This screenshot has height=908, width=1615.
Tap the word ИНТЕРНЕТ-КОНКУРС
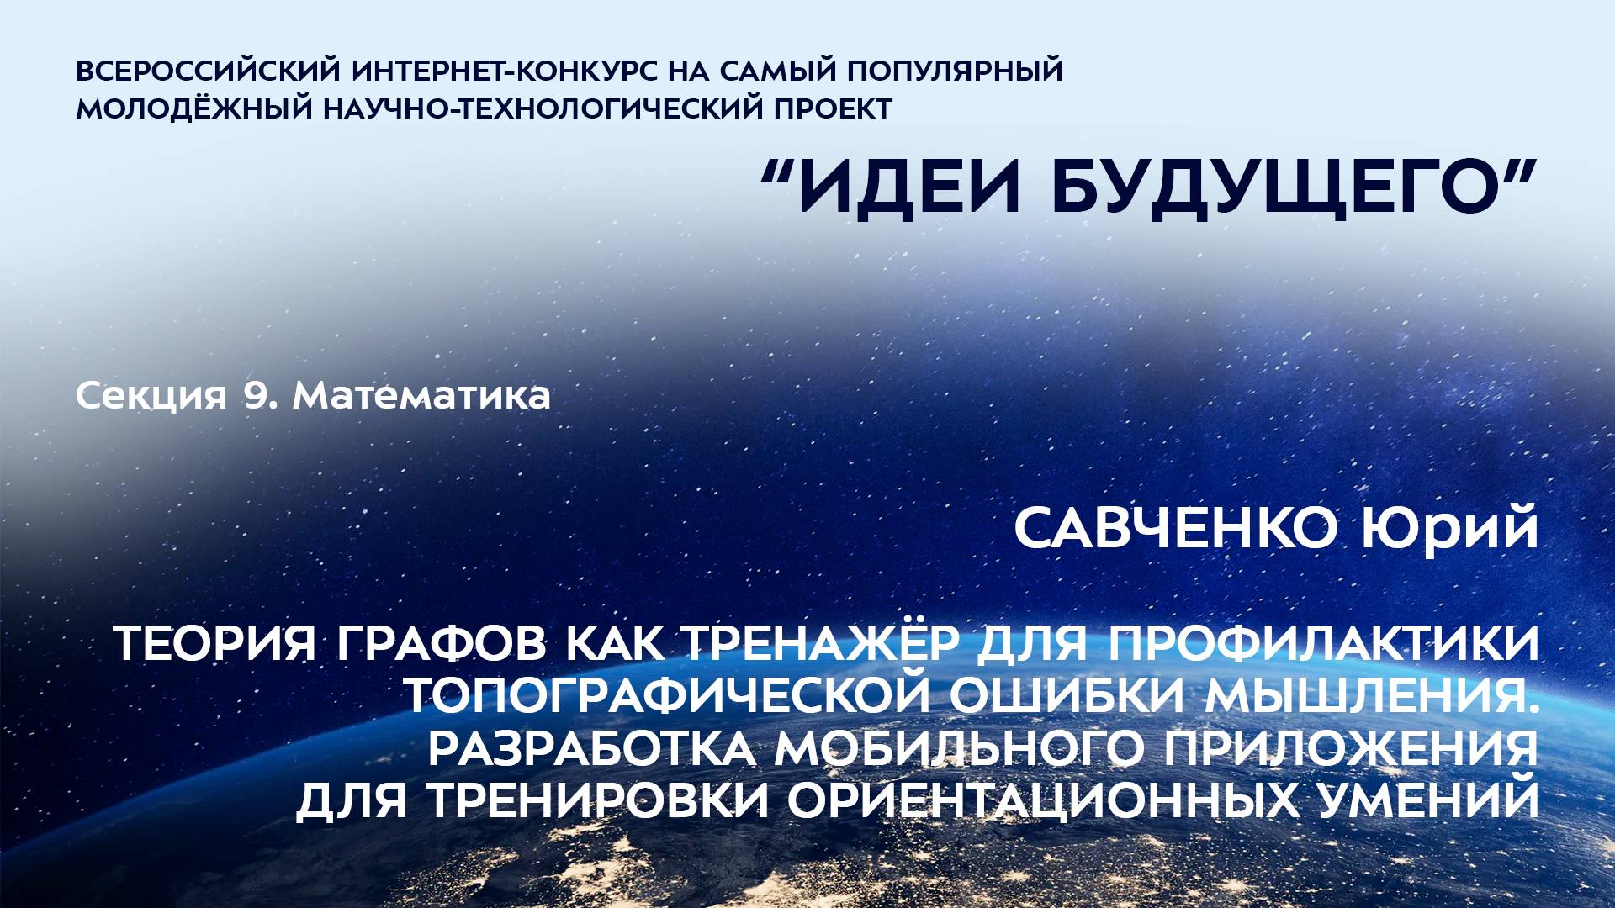(x=506, y=71)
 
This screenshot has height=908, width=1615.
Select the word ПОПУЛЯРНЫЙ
(x=955, y=71)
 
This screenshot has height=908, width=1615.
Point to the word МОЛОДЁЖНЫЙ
(x=194, y=109)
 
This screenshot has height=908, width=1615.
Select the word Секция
(x=151, y=395)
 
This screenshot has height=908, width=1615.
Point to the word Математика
(x=421, y=395)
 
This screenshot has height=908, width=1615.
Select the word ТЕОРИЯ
(x=214, y=644)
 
